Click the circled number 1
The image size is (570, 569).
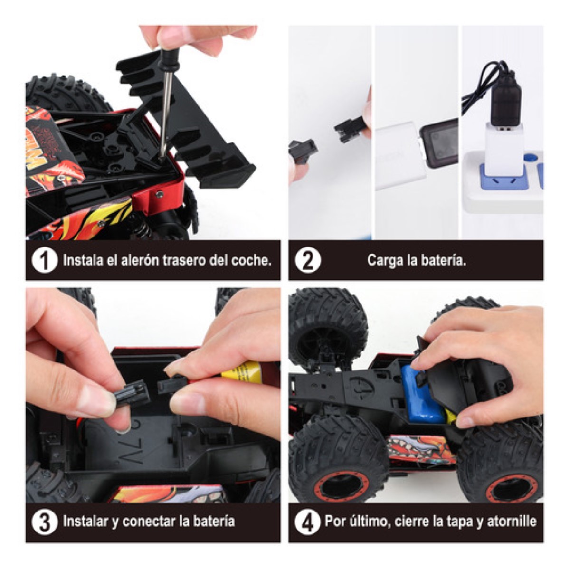point(44,260)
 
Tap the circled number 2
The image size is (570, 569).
point(308,260)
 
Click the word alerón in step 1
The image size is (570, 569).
point(139,260)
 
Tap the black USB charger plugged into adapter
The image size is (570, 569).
point(505,98)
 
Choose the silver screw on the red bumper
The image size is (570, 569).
point(160,194)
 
